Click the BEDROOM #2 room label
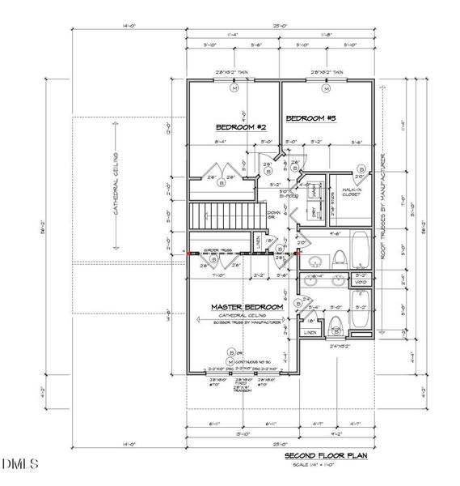(241, 127)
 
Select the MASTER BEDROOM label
(247, 307)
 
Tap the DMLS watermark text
(20, 464)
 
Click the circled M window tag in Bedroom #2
(234, 89)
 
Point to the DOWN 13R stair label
(274, 216)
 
